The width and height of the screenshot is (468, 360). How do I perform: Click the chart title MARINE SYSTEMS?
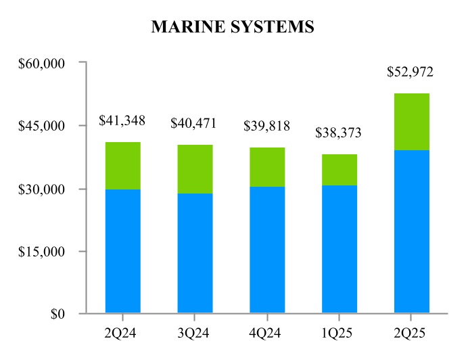click(233, 27)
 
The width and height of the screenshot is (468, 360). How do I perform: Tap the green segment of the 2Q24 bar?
click(123, 166)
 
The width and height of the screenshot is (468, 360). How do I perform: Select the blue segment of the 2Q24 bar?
click(123, 251)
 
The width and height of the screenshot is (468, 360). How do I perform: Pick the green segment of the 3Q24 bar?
click(195, 169)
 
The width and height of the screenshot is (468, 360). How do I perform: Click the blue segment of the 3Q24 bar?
click(195, 253)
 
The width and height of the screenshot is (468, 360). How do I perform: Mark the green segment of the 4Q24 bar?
click(267, 167)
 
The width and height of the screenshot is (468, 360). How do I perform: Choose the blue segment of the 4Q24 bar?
click(267, 250)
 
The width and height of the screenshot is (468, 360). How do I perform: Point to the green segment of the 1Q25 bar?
click(340, 170)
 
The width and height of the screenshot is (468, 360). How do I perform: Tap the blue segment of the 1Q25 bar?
click(340, 249)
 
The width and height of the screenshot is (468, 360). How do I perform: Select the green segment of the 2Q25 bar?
click(412, 122)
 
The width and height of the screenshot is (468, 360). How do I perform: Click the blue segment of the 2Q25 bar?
click(412, 231)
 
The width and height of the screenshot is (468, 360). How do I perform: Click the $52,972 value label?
click(410, 72)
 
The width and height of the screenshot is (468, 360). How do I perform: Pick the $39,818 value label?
click(266, 127)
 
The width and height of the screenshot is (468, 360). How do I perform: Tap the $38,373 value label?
click(338, 133)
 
